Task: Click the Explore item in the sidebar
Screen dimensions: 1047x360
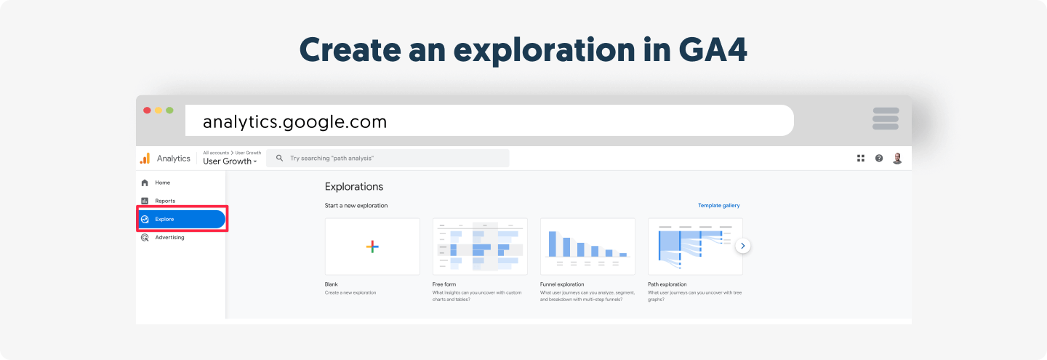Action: (182, 219)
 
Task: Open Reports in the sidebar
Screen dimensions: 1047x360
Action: (159, 201)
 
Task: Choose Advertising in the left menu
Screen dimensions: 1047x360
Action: (163, 238)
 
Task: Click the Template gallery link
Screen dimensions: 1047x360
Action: (718, 205)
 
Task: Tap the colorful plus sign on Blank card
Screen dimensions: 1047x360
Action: (372, 247)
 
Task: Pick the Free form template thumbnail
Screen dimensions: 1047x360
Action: (480, 247)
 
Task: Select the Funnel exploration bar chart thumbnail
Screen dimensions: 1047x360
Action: (587, 247)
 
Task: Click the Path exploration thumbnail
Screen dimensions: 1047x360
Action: (695, 247)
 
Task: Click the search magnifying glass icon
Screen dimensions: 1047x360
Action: (279, 158)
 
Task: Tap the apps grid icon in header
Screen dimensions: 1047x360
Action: (861, 159)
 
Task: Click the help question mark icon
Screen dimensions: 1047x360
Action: (879, 159)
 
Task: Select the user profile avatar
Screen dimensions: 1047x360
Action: (897, 159)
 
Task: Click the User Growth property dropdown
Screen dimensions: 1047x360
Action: (230, 161)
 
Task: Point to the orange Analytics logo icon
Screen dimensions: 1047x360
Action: (145, 159)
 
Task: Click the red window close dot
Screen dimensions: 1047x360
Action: (147, 111)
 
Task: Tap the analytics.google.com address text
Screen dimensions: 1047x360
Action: (295, 122)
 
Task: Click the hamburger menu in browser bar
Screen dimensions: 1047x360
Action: (886, 119)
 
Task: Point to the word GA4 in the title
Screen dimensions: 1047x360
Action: (713, 50)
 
